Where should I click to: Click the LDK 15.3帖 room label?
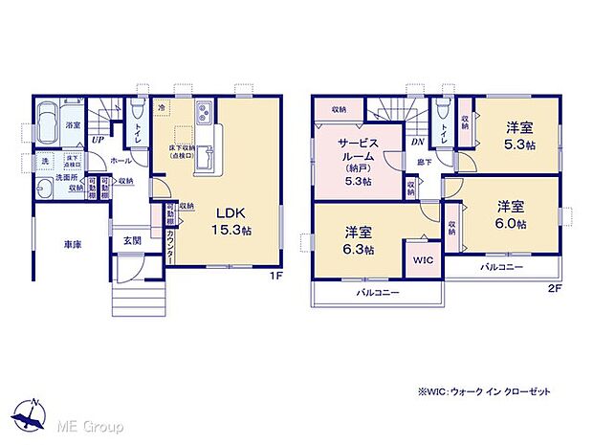coord(232,220)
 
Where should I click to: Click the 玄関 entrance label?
coord(132,241)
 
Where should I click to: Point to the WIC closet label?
coord(422,259)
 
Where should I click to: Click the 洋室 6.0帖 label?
coord(510,213)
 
